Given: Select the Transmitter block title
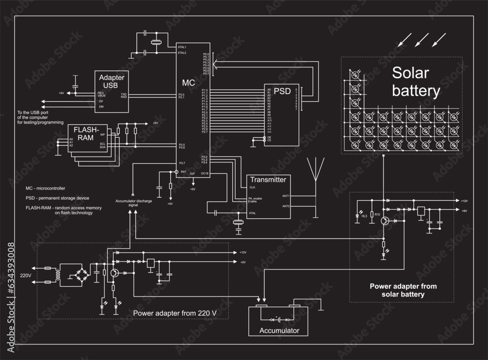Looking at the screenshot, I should click(267, 180).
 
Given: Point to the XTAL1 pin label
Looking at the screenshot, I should click(182, 47).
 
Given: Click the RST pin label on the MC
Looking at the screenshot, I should click(183, 172).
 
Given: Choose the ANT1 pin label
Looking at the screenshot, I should click(286, 196).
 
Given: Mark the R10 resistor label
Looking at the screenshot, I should click(377, 214).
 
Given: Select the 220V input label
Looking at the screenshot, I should click(25, 275).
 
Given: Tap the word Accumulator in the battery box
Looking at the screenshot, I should click(279, 331).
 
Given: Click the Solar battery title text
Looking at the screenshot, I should click(416, 82).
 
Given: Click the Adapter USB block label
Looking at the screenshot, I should click(111, 82).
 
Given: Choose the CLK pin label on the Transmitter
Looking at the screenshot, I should click(252, 187).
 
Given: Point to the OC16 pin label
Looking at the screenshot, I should click(205, 173).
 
